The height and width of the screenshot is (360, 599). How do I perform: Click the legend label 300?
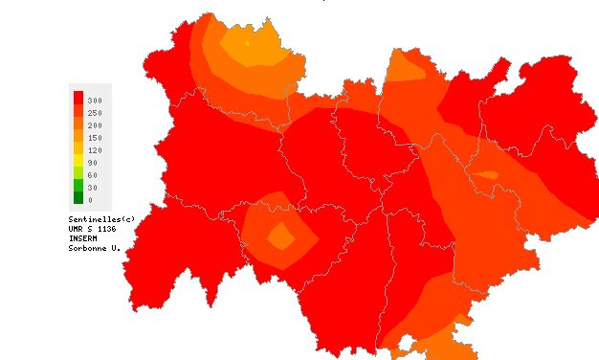click(95, 101)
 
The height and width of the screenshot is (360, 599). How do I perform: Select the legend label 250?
click(95, 113)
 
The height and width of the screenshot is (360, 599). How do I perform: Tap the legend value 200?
click(95, 125)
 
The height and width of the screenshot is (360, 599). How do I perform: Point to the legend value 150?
click(95, 138)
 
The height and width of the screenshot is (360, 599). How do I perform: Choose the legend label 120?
click(95, 150)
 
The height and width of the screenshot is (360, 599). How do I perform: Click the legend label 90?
click(93, 163)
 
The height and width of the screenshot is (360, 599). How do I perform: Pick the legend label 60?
click(93, 175)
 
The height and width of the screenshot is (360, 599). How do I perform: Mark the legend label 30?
click(93, 188)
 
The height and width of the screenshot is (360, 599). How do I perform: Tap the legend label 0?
click(91, 200)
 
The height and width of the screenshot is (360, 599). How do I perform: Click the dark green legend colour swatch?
click(78, 199)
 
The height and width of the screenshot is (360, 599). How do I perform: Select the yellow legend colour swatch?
click(78, 162)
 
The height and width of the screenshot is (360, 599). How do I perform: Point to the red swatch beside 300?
click(78, 100)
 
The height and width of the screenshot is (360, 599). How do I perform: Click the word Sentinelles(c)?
click(95, 218)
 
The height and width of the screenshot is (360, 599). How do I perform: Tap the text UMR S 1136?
click(92, 229)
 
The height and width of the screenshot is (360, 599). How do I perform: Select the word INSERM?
click(84, 238)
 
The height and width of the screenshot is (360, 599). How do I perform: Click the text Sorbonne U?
click(94, 249)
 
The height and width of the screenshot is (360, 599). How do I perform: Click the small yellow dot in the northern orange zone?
click(247, 42)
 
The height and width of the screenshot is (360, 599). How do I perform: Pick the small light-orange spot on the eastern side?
click(488, 174)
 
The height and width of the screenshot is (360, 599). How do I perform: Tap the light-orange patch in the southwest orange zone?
click(281, 235)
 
